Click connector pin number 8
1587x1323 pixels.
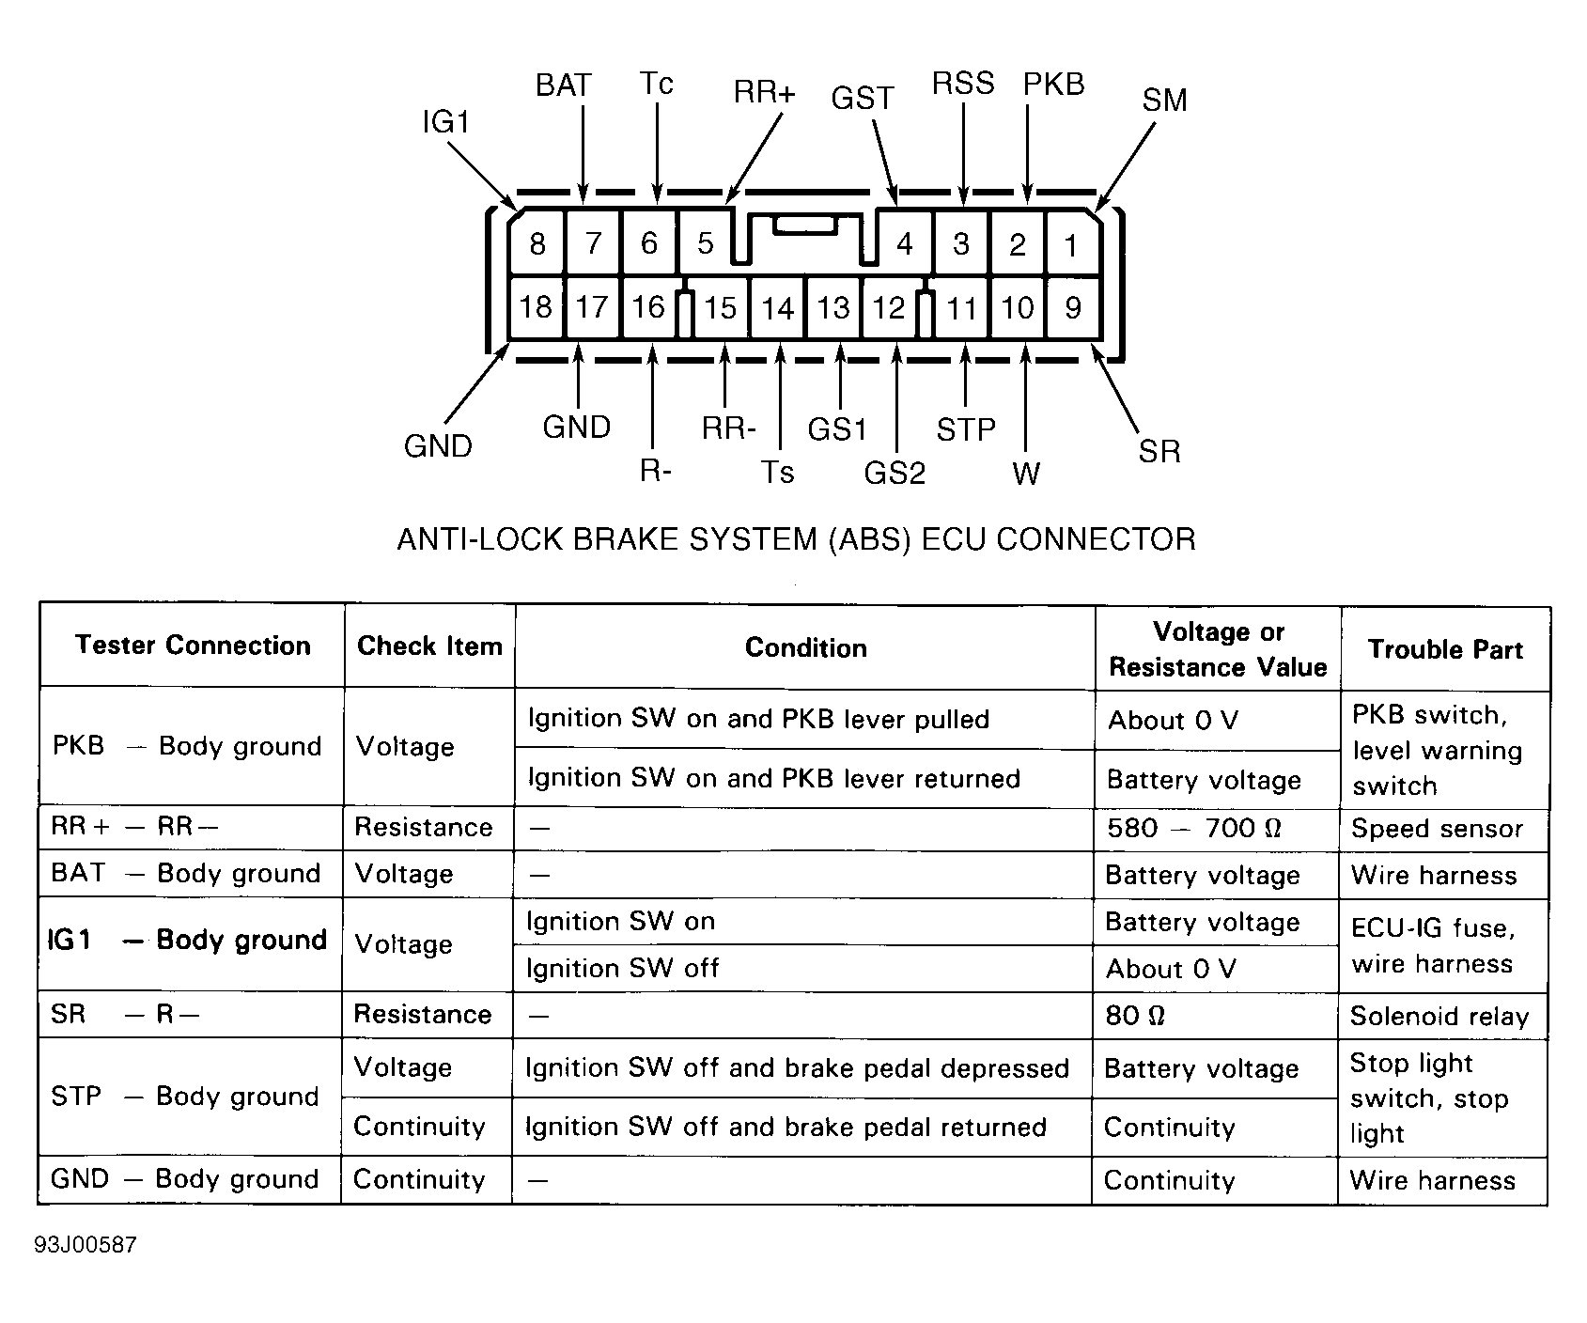tap(537, 244)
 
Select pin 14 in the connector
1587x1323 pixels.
tap(778, 308)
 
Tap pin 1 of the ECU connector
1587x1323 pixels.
tap(1071, 245)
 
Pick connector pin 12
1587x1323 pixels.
tap(889, 308)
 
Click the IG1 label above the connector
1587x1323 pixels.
tap(445, 122)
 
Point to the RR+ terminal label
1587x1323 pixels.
tap(764, 92)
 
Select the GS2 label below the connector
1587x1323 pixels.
tap(895, 473)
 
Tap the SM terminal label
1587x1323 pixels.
tap(1164, 100)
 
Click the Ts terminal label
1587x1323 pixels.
tap(777, 471)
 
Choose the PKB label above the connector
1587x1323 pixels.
tap(1054, 85)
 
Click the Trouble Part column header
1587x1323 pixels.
tap(1445, 649)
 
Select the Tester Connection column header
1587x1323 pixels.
tap(193, 645)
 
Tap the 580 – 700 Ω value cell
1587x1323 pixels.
tap(1194, 828)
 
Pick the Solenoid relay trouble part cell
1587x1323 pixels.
tap(1439, 1016)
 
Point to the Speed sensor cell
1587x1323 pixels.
tap(1437, 828)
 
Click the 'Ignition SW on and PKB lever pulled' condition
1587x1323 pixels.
tap(758, 720)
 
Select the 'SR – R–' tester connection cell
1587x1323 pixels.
tap(125, 1014)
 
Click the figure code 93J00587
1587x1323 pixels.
tap(86, 1245)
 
